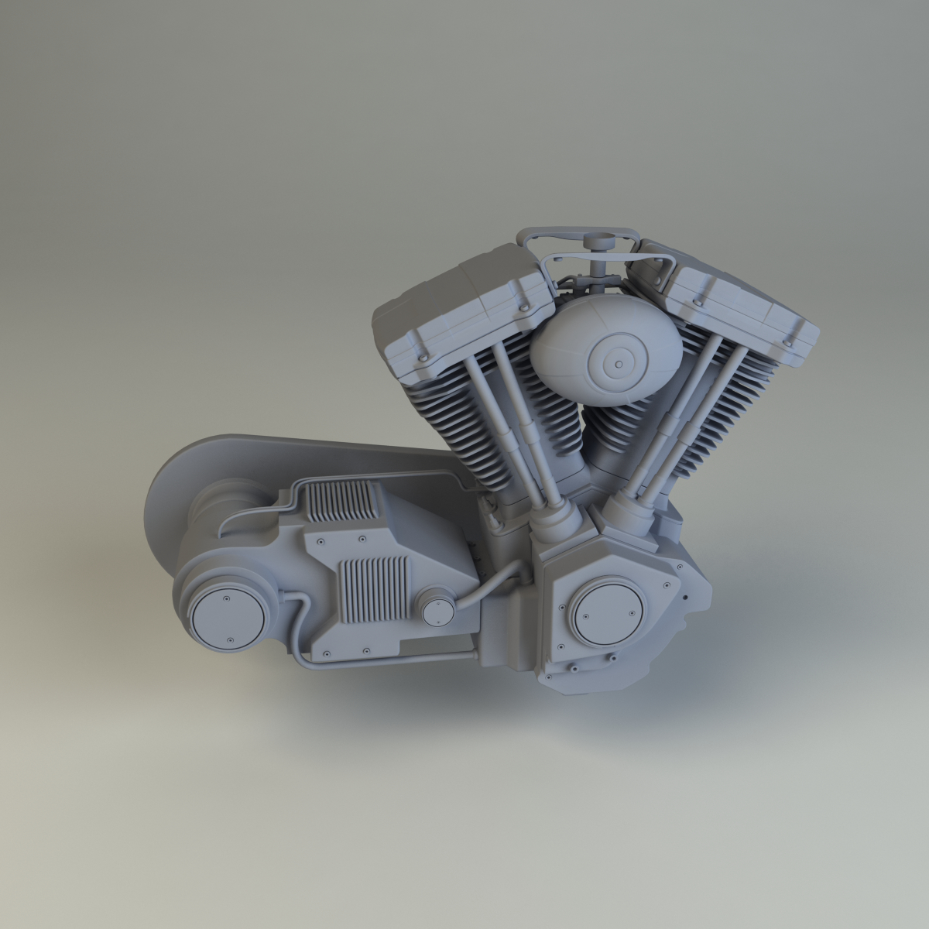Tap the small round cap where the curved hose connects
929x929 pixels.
437,609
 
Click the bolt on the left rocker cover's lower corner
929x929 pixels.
424,356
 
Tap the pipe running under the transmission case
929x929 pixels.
387,659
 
